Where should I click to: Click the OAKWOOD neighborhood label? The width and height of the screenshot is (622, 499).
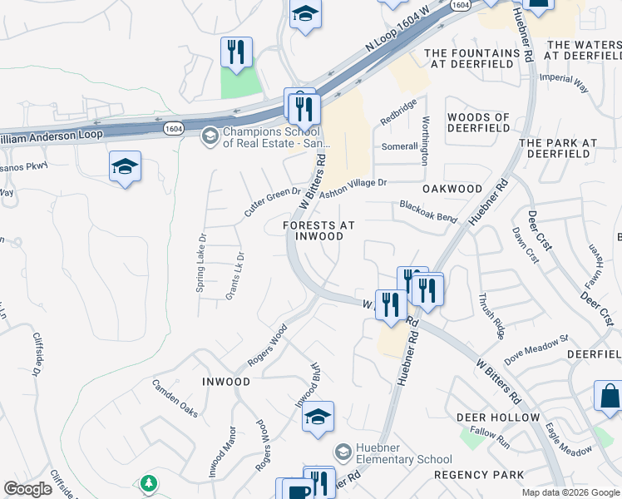tap(452, 190)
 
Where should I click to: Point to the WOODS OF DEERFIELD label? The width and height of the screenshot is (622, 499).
tap(478, 122)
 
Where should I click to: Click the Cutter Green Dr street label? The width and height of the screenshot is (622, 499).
tap(272, 203)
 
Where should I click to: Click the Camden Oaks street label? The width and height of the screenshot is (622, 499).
tap(175, 398)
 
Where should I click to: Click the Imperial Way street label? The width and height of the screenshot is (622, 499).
tap(564, 85)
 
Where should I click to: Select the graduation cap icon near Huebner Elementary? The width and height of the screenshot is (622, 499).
tap(317, 417)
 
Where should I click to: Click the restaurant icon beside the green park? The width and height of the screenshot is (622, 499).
tap(236, 52)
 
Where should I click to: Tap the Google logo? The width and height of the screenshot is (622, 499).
tap(28, 489)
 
